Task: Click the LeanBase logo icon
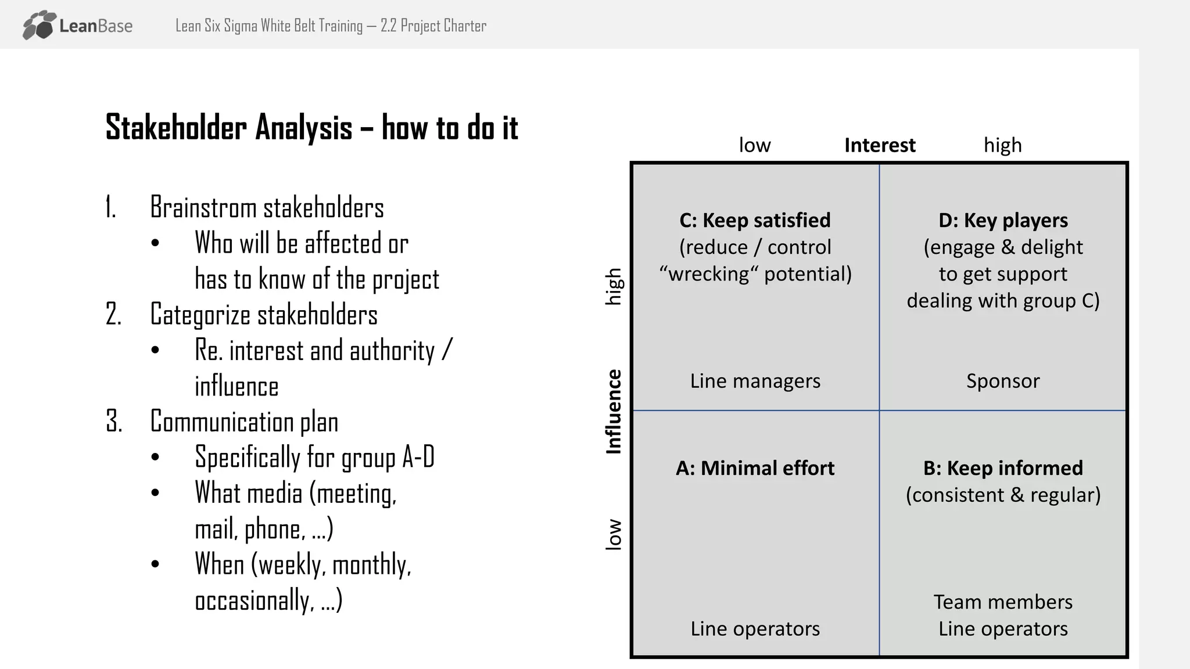pos(40,26)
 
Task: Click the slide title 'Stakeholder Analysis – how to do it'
pos(311,128)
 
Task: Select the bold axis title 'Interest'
pos(879,145)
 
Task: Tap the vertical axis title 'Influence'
pos(614,411)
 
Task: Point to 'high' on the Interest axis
pos(1002,145)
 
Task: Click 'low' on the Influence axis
pos(614,534)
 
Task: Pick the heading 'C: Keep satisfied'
pos(755,221)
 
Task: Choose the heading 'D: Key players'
pos(1003,221)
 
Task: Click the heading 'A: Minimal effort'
pos(755,468)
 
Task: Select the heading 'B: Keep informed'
pos(1003,468)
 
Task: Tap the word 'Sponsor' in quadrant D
pos(1003,381)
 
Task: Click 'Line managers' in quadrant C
pos(755,381)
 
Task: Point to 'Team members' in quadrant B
pos(1003,602)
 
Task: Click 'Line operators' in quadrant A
pos(755,629)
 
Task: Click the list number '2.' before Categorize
pos(113,315)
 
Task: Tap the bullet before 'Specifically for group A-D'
pos(155,458)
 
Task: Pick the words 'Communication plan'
pos(244,422)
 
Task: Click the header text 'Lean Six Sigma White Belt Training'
pos(268,26)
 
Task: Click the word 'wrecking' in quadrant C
pos(709,274)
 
